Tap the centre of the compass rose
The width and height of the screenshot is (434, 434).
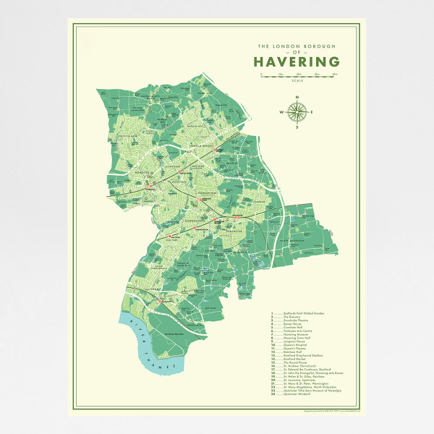[x=297, y=112]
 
